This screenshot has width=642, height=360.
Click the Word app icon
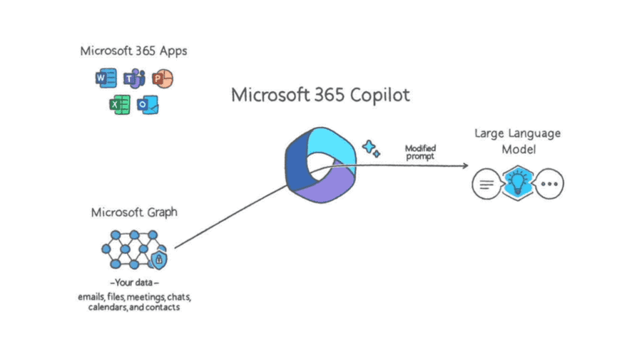106,78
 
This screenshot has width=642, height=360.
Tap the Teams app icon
134,78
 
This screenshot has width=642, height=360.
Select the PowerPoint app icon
163,78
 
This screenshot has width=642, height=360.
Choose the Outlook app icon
148,106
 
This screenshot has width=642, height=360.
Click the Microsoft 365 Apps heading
133,51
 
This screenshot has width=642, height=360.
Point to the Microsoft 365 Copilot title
321,96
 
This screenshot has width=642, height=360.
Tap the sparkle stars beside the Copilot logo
371,148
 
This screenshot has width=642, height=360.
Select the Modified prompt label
420,152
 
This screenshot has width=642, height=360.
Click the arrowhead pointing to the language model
464,165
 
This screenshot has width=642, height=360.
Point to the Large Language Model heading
518,140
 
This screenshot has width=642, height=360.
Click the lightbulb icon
517,184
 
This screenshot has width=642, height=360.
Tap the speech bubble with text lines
486,185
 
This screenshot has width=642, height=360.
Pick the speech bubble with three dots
549,185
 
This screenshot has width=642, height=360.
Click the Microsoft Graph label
134,212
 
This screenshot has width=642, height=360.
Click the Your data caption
134,282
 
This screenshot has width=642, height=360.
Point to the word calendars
107,307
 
